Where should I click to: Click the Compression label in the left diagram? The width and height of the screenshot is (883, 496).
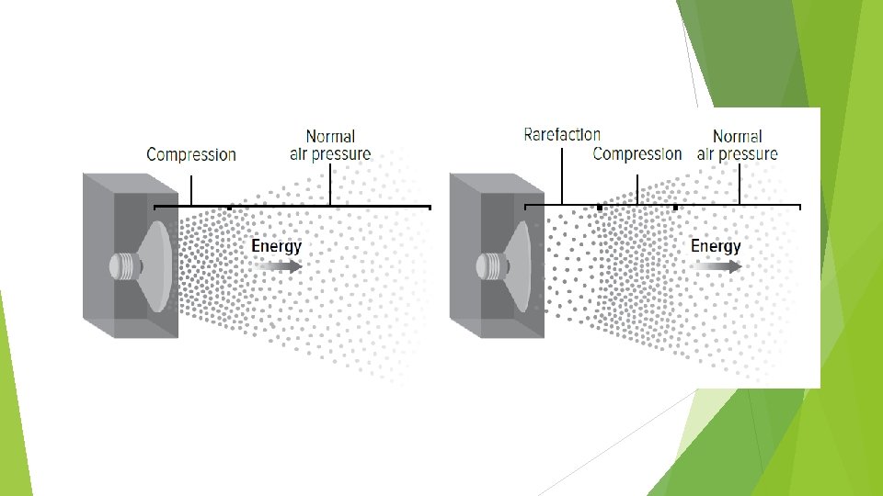191,155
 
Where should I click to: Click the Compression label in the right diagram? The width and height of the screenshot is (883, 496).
637,153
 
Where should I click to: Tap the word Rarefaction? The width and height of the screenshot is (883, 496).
562,135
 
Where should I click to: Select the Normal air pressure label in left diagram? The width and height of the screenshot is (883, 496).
330,145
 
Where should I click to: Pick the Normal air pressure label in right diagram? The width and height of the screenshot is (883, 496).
738,145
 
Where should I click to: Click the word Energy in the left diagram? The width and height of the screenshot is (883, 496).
276,246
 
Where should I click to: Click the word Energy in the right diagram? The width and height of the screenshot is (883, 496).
716,246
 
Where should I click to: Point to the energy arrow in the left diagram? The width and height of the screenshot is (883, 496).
281,266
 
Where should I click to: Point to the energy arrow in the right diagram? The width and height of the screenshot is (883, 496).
719,266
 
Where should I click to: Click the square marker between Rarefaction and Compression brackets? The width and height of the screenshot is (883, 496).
600,208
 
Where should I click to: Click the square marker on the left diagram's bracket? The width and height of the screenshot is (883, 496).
229,208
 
